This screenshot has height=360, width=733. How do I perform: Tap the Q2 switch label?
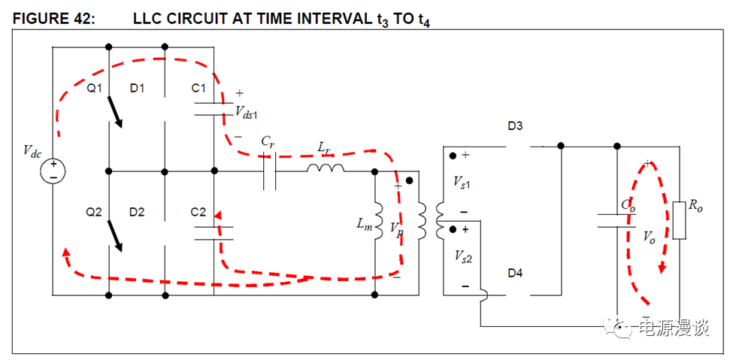94,213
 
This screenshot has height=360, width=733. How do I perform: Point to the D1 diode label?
137,89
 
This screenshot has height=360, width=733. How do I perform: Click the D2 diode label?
136,213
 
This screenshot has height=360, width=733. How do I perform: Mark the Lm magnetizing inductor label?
365,223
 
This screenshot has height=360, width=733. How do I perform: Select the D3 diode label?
515,126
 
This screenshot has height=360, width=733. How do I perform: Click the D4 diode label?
514,273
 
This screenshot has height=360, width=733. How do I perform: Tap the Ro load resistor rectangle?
680,219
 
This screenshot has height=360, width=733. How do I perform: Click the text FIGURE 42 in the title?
53,19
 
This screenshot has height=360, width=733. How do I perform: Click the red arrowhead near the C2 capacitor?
220,217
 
